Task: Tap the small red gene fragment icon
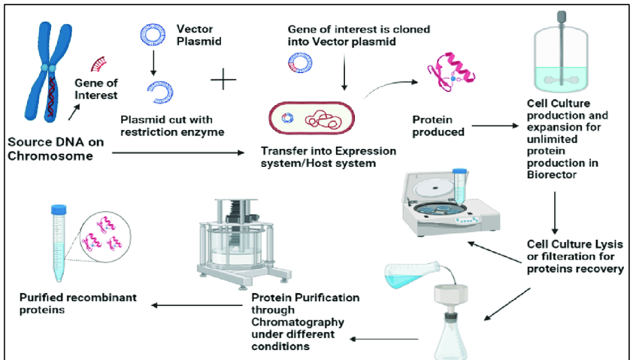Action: point(98,62)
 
